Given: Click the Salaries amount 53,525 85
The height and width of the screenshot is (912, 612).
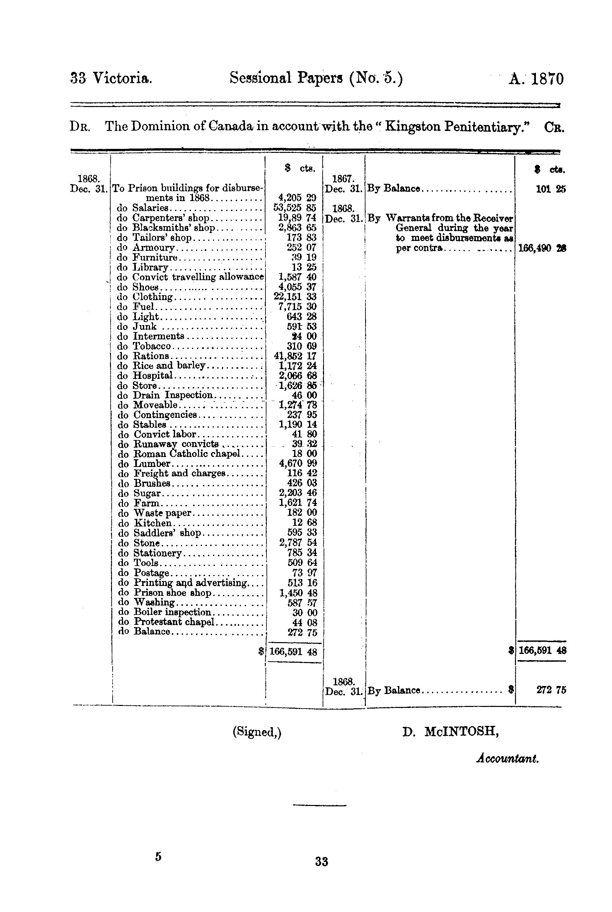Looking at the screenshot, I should click(x=295, y=208).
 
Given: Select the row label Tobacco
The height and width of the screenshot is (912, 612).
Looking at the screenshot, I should click(x=152, y=346).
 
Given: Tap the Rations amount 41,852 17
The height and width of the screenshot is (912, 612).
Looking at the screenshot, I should click(x=295, y=356).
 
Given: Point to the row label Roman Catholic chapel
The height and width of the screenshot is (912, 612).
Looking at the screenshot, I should click(x=187, y=454).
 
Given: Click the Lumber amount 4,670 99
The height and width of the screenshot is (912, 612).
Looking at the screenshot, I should click(x=298, y=463).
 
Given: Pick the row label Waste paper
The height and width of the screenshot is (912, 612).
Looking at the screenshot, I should click(x=162, y=513).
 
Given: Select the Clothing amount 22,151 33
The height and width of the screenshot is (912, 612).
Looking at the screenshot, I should click(x=295, y=297).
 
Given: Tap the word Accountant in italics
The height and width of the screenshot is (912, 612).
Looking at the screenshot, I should click(x=507, y=758).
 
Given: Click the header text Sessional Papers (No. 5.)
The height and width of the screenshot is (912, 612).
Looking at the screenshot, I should click(x=316, y=78).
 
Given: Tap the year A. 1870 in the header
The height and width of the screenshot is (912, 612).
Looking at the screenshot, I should click(x=536, y=79).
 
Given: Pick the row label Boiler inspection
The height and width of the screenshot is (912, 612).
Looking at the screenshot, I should click(x=172, y=612).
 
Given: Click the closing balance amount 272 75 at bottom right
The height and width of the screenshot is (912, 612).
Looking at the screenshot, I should click(x=551, y=690).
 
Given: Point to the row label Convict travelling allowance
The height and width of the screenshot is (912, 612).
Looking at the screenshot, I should click(x=198, y=277).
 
